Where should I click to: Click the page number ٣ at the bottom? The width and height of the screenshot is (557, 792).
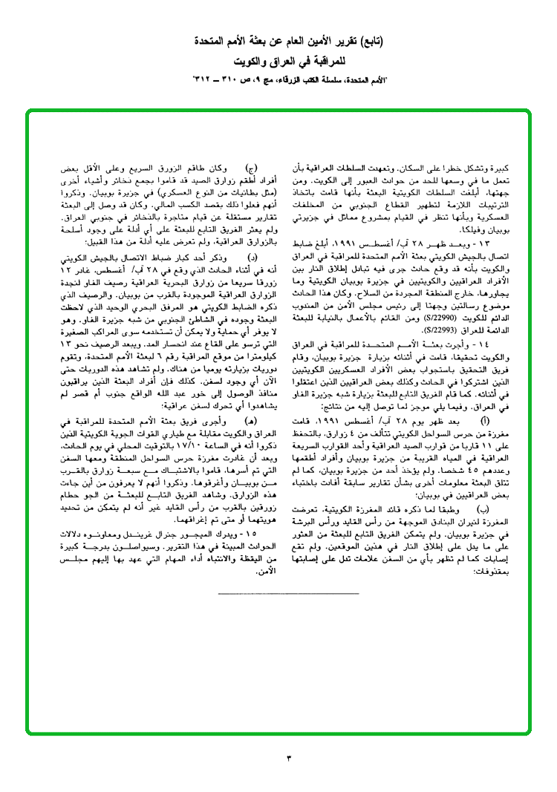click(290, 758)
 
